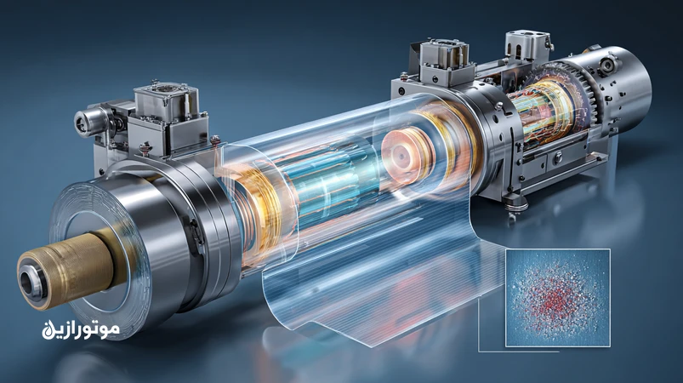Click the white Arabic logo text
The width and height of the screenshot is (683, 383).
(x=81, y=329)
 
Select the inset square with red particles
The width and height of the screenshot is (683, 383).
(x=558, y=298)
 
